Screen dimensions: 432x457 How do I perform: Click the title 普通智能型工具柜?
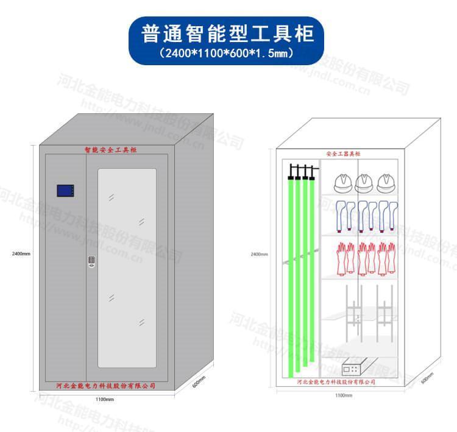tap(228, 33)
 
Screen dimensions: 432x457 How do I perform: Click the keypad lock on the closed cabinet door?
tap(91, 261)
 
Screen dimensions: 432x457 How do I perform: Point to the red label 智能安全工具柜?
tap(111, 149)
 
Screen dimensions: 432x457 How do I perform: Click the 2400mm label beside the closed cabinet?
tap(21, 253)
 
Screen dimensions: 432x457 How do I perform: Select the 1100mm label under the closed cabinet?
tap(104, 400)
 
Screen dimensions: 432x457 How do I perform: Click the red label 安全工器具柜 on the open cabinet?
tap(344, 154)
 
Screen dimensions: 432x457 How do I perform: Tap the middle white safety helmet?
tap(364, 182)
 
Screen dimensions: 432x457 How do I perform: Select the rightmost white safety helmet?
tap(386, 182)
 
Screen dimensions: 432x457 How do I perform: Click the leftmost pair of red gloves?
tap(345, 258)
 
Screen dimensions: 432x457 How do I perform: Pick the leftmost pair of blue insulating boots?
tap(345, 214)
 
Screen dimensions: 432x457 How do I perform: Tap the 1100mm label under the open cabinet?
tap(344, 395)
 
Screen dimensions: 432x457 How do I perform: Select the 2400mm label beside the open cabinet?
tap(259, 254)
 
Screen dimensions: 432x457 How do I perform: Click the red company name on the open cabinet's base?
tap(336, 382)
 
